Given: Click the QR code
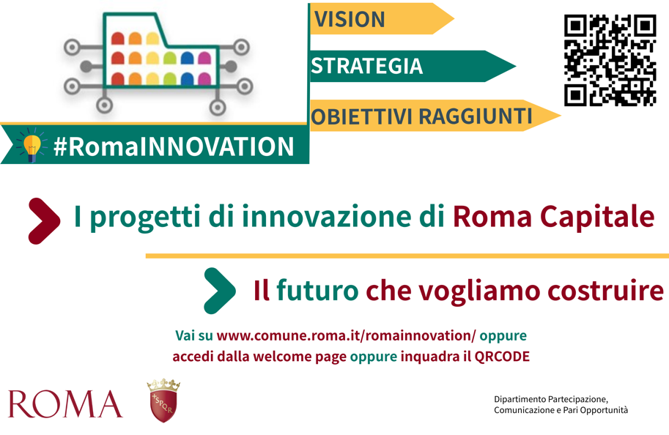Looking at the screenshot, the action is tap(610, 60).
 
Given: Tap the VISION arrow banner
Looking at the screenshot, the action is tap(381, 19).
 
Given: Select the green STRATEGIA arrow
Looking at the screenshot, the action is tap(412, 66).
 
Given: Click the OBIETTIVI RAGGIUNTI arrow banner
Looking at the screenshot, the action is tap(435, 116).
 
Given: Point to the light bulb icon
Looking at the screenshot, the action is tap(32, 146).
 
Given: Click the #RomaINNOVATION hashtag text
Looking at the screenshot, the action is tap(174, 146).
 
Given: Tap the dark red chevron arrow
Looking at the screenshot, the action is tap(44, 221).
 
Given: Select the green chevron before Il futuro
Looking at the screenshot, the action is tap(220, 291).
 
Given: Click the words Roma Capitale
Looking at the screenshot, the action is tap(553, 216).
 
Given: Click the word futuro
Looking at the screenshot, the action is tap(317, 291).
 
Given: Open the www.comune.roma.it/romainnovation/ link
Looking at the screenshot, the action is tap(346, 335).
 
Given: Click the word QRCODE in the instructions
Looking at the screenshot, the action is tap(502, 357).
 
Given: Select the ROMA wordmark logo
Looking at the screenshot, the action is tap(65, 404).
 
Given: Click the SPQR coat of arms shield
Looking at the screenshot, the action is tap(164, 406).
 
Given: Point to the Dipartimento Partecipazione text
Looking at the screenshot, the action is tap(550, 399).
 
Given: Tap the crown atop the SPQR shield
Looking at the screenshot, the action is tap(164, 385).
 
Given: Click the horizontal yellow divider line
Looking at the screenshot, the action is tap(407, 256).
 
